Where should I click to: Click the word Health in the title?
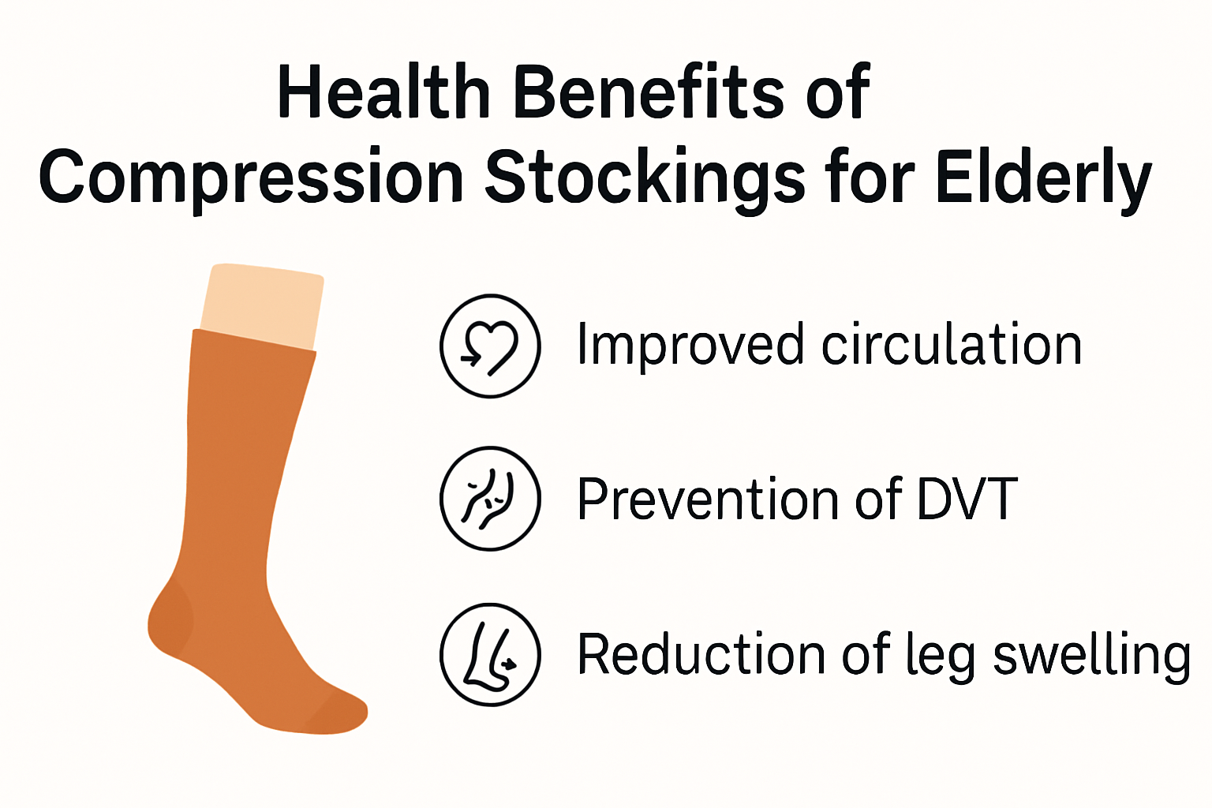pyautogui.click(x=383, y=91)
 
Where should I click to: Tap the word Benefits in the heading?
pyautogui.click(x=649, y=91)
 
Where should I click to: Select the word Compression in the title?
pyautogui.click(x=251, y=178)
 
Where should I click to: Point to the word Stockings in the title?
pyautogui.click(x=645, y=178)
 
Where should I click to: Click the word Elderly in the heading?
pyautogui.click(x=1044, y=178)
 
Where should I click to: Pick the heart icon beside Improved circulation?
pyautogui.click(x=490, y=346)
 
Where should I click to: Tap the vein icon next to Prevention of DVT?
pyautogui.click(x=490, y=499)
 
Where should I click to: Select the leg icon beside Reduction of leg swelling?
pyautogui.click(x=490, y=655)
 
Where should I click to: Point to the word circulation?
pyautogui.click(x=952, y=344)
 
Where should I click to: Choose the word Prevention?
pyautogui.click(x=709, y=499)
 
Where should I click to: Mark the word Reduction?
pyautogui.click(x=701, y=654)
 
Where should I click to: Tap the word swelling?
pyautogui.click(x=1092, y=656)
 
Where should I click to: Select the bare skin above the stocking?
pyautogui.click(x=263, y=306)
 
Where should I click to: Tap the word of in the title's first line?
pyautogui.click(x=837, y=91)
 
